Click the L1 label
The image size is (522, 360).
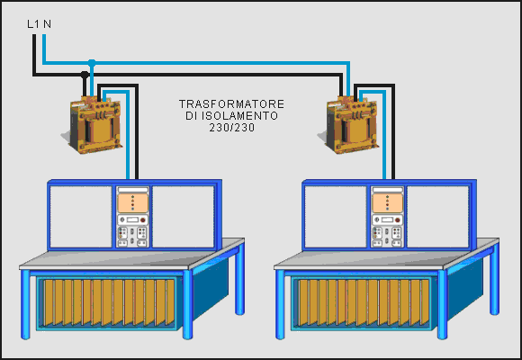tap(33, 24)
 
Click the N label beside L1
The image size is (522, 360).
tap(48, 24)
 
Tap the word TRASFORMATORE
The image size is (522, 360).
tap(231, 103)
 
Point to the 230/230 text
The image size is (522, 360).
tap(232, 127)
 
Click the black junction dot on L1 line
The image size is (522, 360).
tap(85, 75)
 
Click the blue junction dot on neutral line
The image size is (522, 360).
tap(92, 63)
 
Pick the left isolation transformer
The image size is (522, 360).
tap(94, 125)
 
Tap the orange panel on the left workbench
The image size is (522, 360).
tap(133, 203)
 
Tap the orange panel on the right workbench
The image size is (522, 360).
tap(388, 203)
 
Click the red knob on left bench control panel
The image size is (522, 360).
tap(143, 220)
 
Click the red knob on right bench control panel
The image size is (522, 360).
tap(397, 220)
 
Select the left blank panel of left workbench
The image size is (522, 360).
tap(81, 217)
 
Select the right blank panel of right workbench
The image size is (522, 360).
tap(437, 217)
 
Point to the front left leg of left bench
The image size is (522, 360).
tap(25, 304)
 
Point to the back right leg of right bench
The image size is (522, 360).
tap(494, 278)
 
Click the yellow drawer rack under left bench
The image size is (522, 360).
tap(109, 302)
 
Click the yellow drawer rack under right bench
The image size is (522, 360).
tap(364, 302)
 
